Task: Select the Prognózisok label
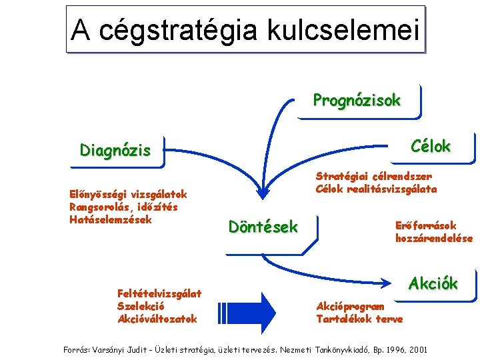click(357, 101)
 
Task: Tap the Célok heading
click(431, 147)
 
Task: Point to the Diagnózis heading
click(115, 150)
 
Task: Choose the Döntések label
click(263, 227)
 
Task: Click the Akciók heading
click(433, 283)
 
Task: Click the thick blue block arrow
click(256, 308)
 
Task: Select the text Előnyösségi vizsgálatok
click(128, 195)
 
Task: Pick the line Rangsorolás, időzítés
click(123, 207)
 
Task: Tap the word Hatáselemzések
click(111, 219)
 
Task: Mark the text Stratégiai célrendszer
click(374, 177)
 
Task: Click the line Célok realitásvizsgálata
click(377, 189)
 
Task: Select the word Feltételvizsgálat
click(159, 293)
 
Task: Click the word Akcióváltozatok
click(157, 319)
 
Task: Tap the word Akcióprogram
click(350, 307)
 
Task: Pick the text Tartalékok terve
click(359, 319)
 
